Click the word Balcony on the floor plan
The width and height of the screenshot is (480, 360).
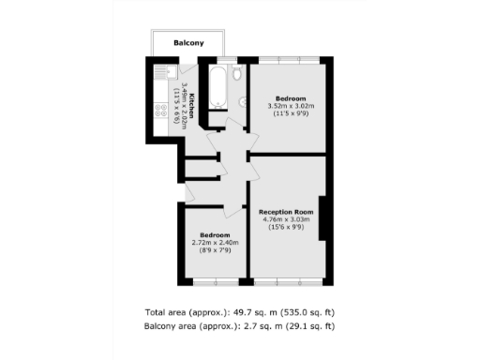(189, 43)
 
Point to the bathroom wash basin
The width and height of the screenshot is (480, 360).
(242, 102)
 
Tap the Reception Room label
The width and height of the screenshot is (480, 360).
(286, 212)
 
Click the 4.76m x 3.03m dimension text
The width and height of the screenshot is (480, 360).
(286, 219)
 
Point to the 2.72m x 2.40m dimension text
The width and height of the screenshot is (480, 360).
(215, 243)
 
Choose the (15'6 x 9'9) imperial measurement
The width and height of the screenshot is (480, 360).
(286, 228)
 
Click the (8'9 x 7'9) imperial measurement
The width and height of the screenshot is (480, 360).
(215, 250)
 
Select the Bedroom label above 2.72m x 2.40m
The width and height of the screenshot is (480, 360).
(215, 234)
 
